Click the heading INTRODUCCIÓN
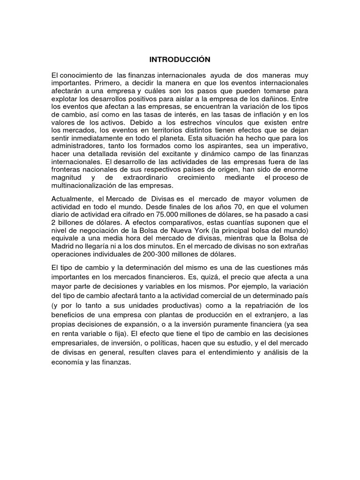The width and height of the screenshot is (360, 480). pyautogui.click(x=180, y=60)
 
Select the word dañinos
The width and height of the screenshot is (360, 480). pyautogui.click(x=292, y=99)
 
